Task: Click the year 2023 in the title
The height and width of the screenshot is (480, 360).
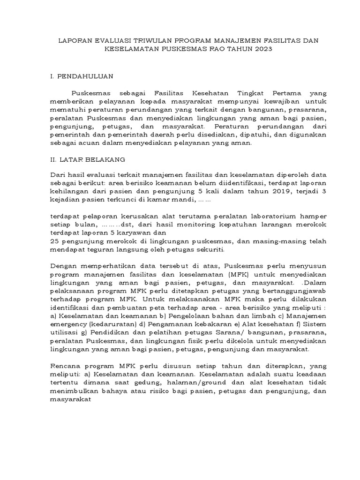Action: [262, 49]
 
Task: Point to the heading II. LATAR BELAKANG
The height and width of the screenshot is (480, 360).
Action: [87, 159]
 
